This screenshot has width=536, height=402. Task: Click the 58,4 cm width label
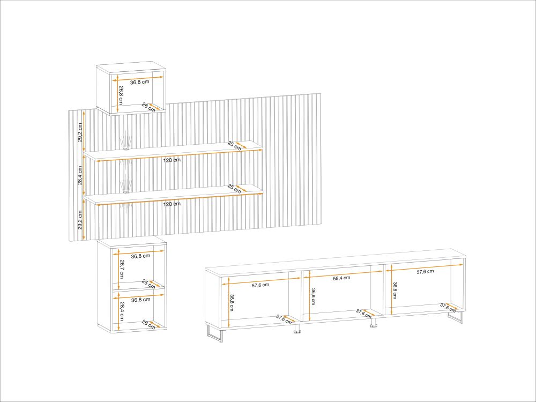tap(341, 278)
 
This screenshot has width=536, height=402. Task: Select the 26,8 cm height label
tap(121, 95)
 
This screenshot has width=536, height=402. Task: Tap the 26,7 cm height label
tap(121, 269)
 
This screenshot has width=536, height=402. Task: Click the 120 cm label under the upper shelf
tap(172, 160)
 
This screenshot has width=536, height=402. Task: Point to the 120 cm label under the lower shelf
tap(172, 204)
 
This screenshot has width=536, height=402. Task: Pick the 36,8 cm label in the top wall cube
tap(140, 82)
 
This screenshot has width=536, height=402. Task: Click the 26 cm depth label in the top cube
tap(148, 108)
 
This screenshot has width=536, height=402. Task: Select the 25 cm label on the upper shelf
tap(235, 146)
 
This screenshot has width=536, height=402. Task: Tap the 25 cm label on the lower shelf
tap(235, 189)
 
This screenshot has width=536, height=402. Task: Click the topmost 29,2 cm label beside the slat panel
tap(80, 132)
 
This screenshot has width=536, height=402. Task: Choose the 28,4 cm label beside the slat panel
tap(80, 175)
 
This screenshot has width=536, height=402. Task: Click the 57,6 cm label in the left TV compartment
tap(260, 285)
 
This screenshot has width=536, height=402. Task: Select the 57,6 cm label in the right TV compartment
tap(425, 271)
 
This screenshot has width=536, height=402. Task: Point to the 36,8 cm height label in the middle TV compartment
tap(314, 296)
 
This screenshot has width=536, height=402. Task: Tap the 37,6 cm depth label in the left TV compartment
tap(284, 319)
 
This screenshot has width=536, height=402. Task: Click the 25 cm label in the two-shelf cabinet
tap(148, 285)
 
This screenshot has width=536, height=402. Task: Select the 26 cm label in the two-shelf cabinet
tap(148, 325)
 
